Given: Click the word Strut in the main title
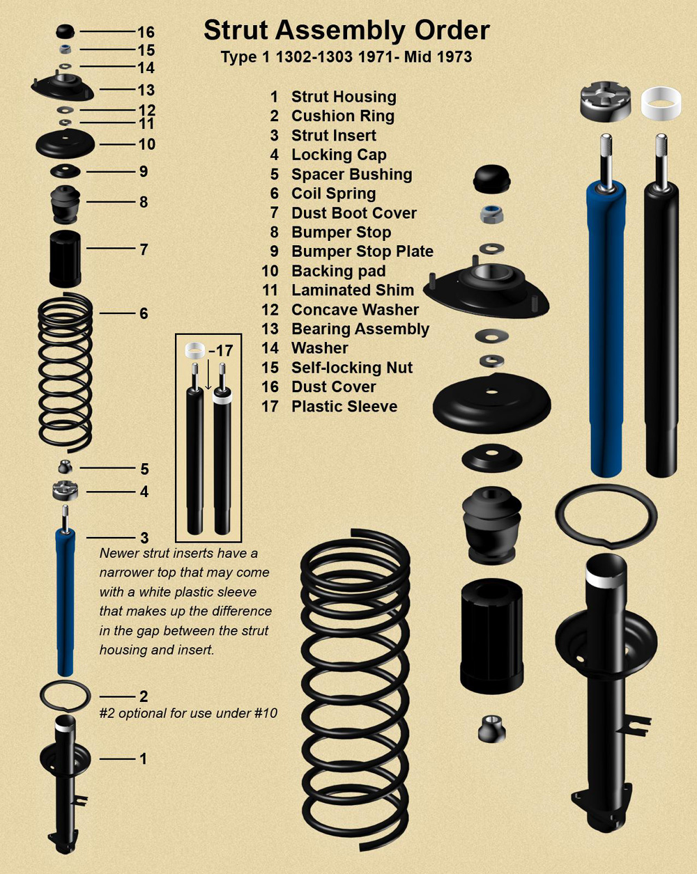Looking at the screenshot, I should click(236, 31).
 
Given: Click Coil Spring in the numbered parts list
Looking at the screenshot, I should click(333, 194).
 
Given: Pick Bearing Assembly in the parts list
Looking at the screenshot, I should click(360, 329).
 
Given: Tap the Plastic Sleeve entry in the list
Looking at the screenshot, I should click(344, 406).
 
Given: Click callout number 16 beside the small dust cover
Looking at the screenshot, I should click(146, 33).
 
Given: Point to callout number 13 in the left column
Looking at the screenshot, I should click(146, 90).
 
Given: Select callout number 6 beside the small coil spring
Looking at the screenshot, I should click(144, 313).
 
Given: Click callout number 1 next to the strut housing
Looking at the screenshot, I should click(144, 758).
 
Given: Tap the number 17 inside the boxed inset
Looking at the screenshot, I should click(224, 351).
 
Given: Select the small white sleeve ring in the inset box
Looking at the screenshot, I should click(194, 349).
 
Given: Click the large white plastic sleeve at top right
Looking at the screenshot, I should click(660, 102).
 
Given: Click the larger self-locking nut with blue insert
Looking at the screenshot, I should click(492, 214).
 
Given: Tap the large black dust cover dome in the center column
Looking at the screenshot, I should click(492, 179).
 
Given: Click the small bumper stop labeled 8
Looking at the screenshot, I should click(66, 201).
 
